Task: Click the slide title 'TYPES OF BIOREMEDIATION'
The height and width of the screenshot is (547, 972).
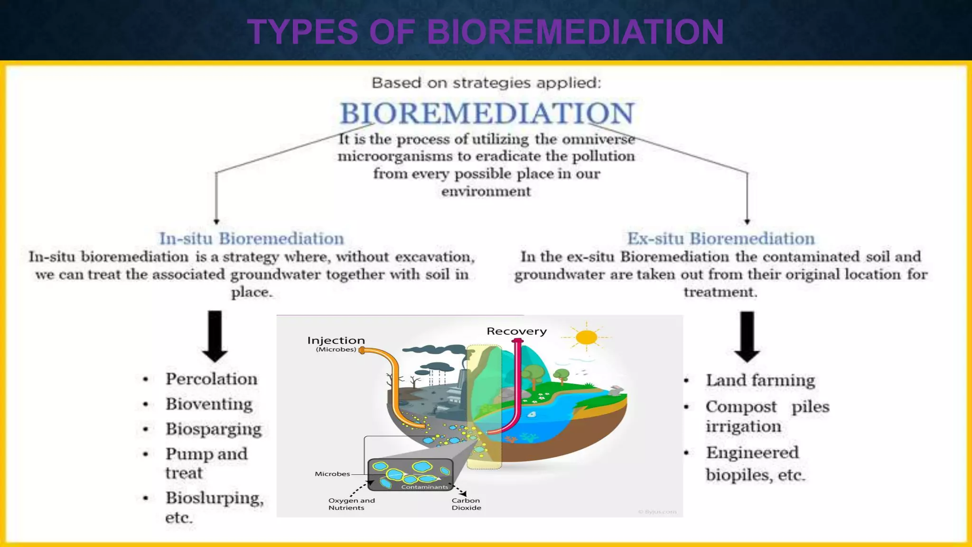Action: coord(486,32)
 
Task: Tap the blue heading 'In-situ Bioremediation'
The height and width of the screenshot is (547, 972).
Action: coord(252,238)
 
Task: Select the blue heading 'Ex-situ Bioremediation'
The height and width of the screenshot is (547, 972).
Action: coord(720,238)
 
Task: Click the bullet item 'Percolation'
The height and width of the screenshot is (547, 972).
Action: coord(211,379)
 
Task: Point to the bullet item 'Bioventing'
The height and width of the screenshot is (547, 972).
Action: coord(209,404)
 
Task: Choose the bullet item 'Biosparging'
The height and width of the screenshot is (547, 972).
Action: coord(213,429)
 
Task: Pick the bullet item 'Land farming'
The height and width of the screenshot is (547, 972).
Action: coord(760,380)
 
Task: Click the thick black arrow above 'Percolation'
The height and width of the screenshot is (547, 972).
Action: coord(215,336)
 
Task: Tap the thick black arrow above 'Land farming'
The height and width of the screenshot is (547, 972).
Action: coord(747,336)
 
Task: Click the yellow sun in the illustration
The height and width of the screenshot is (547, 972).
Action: coord(587,337)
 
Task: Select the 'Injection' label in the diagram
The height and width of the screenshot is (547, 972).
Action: coord(336,340)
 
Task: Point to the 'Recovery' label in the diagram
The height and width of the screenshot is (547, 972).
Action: coord(516,331)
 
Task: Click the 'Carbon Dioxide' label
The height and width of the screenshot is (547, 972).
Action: coord(466,504)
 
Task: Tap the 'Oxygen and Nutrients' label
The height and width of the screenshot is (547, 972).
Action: coord(351,504)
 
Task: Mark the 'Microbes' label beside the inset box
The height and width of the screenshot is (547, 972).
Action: coord(332,474)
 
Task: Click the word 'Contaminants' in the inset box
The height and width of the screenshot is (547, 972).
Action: coord(424,487)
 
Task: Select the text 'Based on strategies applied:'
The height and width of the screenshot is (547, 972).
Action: coord(486,83)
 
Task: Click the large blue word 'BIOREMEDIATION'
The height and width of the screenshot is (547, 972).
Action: coord(487,113)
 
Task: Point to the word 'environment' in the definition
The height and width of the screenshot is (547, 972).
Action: coord(486,191)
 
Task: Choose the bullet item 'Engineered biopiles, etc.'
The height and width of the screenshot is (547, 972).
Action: coord(755,463)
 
